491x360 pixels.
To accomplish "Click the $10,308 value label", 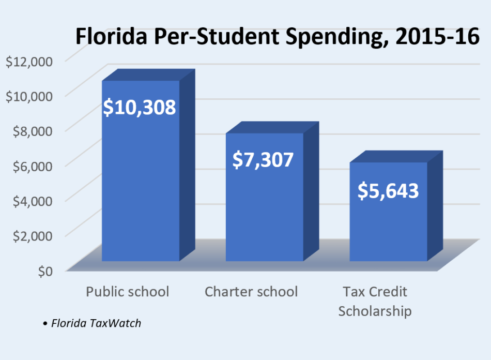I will tap(140, 107).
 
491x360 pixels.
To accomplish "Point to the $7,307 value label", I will tap(263, 159).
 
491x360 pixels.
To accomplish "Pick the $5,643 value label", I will tap(388, 190).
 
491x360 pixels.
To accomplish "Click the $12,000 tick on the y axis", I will tap(28, 61).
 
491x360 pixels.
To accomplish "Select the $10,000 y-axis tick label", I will tap(28, 96).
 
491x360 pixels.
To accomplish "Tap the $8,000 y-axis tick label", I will tap(32, 130).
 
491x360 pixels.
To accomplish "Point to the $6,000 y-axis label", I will tap(32, 166).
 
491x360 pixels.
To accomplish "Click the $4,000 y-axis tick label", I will tap(32, 200).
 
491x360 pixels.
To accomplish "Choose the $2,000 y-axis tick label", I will tap(32, 235).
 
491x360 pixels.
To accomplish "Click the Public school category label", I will tap(127, 292).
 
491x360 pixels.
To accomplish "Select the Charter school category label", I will tap(251, 292).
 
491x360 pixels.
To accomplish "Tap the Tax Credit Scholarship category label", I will tap(375, 301).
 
